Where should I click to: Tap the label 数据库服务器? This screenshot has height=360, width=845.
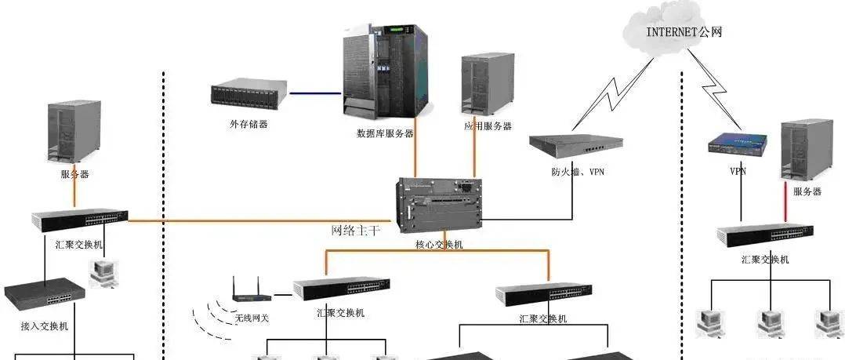pos(385,133)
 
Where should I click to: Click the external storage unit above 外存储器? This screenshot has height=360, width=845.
pos(248,95)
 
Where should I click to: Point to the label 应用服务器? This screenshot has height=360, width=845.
pos(488,125)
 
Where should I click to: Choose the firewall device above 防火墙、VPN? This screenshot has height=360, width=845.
pos(574,144)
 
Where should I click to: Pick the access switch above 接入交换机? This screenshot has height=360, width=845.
pos(44,294)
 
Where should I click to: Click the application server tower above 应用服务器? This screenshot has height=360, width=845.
pos(487,85)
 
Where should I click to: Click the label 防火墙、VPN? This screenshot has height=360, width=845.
pos(577,172)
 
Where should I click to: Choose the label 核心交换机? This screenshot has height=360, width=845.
pos(439,245)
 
